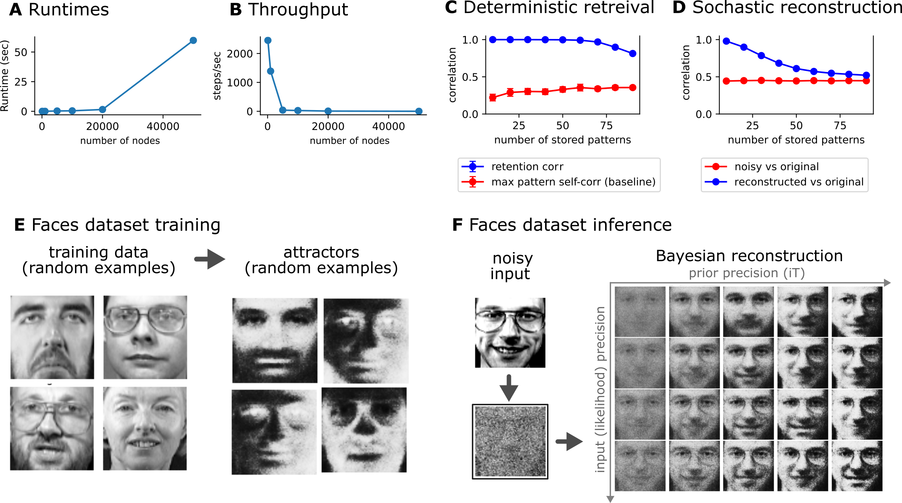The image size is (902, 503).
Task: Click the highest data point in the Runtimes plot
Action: pos(193,40)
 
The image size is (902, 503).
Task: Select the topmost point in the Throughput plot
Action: pos(268,40)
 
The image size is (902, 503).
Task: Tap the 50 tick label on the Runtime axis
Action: pos(21,52)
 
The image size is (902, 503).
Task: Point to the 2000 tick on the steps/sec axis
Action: pos(240,54)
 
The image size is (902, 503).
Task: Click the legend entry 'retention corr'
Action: pos(527,167)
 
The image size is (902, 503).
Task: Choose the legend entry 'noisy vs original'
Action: pos(776,167)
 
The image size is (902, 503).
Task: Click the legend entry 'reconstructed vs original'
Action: pos(798,182)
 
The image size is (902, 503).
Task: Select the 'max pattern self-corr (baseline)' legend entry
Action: pos(573,182)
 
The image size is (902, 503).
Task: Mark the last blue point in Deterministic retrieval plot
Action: pos(632,54)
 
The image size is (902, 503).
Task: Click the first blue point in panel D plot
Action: pos(726,41)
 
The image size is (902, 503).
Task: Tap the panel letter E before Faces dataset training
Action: pos(19,225)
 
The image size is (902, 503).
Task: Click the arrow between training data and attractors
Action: pos(210,259)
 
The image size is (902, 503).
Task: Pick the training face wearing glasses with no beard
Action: pos(145,337)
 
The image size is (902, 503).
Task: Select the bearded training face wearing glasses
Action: pos(52,428)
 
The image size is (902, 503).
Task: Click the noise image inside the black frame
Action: pos(510,441)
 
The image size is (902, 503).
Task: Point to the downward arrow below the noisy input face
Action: pos(509,388)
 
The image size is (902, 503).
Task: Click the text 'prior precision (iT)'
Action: pos(746,273)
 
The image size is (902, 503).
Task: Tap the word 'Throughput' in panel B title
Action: pos(298,9)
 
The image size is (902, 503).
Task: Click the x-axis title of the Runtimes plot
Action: pos(120,140)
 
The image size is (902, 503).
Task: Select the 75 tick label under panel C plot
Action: pos(606,125)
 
